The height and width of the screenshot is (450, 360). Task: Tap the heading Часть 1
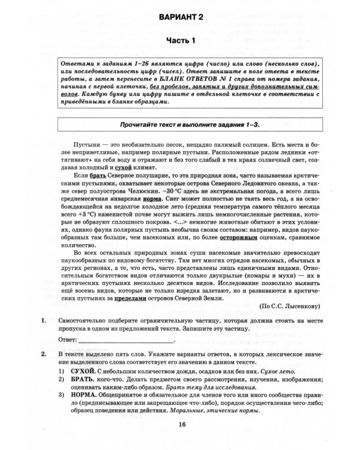pos(181,41)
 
